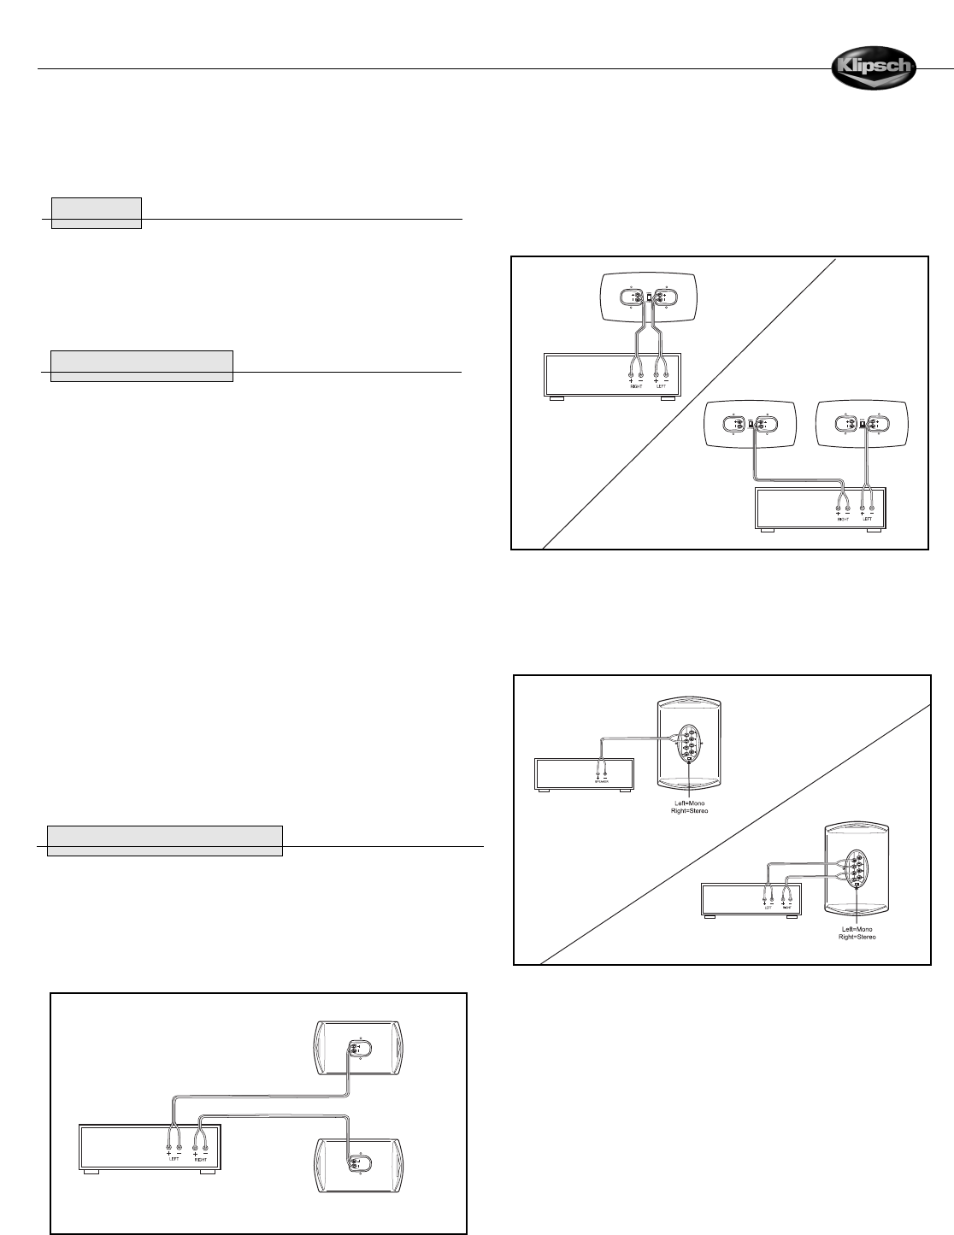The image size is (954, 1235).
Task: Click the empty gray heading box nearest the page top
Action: coord(97,213)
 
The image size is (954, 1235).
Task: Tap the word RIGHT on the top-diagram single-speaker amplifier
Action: coord(635,385)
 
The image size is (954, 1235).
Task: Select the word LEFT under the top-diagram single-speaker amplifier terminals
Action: coord(660,385)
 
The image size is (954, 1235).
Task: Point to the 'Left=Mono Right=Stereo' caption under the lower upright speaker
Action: coord(857,932)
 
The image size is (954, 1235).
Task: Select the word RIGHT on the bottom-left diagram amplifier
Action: coord(202,1159)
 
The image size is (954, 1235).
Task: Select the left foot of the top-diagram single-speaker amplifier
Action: coord(556,398)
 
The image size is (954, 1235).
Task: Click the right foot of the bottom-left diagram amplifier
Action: coord(206,1172)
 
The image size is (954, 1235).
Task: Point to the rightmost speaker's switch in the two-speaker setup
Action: coord(862,424)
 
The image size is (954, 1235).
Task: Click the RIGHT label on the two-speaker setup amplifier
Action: coord(842,518)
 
